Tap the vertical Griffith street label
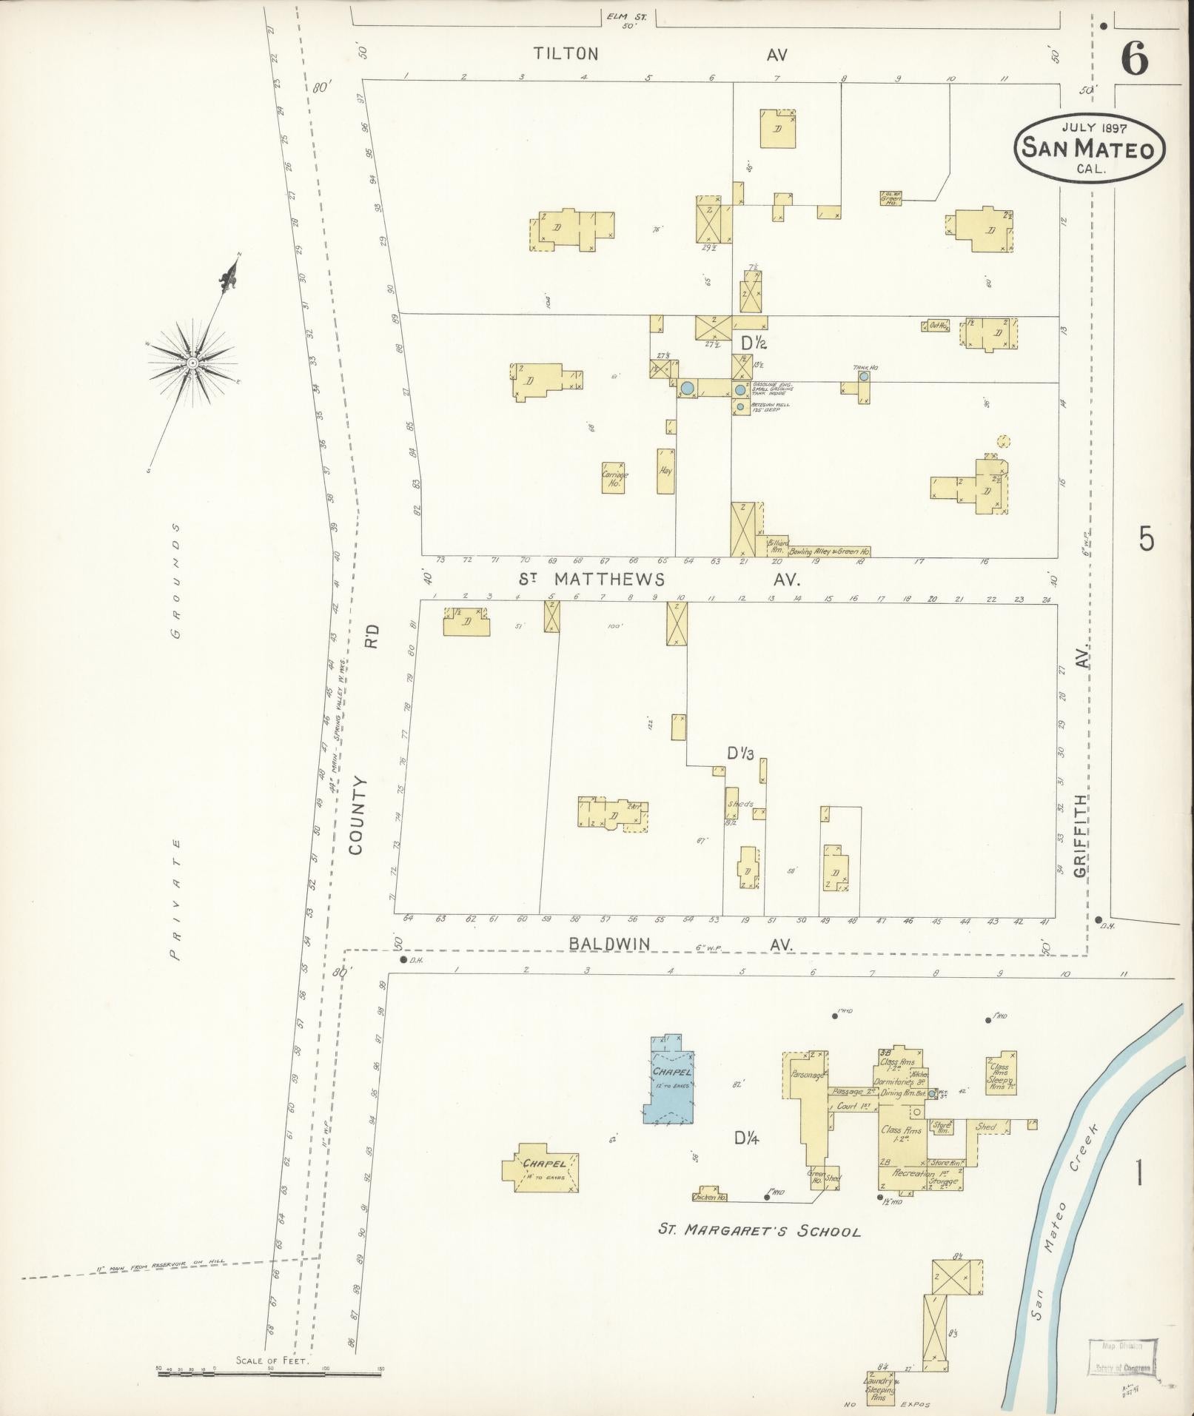click(x=1081, y=836)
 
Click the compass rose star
click(x=192, y=362)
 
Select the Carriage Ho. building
click(x=613, y=477)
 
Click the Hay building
click(x=665, y=471)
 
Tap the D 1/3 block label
click(x=739, y=754)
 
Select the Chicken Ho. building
click(x=709, y=1195)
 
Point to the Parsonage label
click(x=808, y=1075)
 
